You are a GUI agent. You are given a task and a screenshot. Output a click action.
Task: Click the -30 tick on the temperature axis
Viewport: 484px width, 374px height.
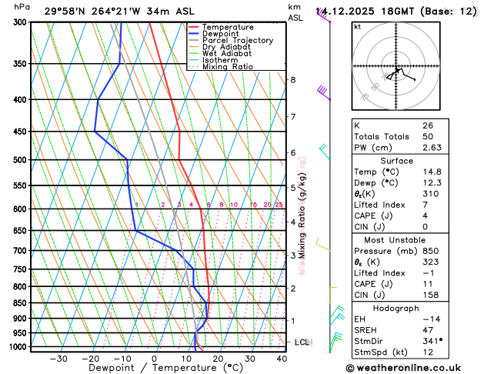coord(58,359)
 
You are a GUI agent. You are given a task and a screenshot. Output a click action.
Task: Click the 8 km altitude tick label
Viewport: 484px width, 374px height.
coord(293,80)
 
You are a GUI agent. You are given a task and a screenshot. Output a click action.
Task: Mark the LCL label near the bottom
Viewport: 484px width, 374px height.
coord(302,342)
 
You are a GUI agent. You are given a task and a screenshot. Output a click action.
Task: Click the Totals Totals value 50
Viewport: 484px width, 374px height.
coord(427,136)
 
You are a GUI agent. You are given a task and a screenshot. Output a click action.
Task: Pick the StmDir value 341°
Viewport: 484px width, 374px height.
coord(432,340)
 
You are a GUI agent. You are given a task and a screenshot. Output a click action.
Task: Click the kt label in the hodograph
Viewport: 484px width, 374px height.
coord(357,27)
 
